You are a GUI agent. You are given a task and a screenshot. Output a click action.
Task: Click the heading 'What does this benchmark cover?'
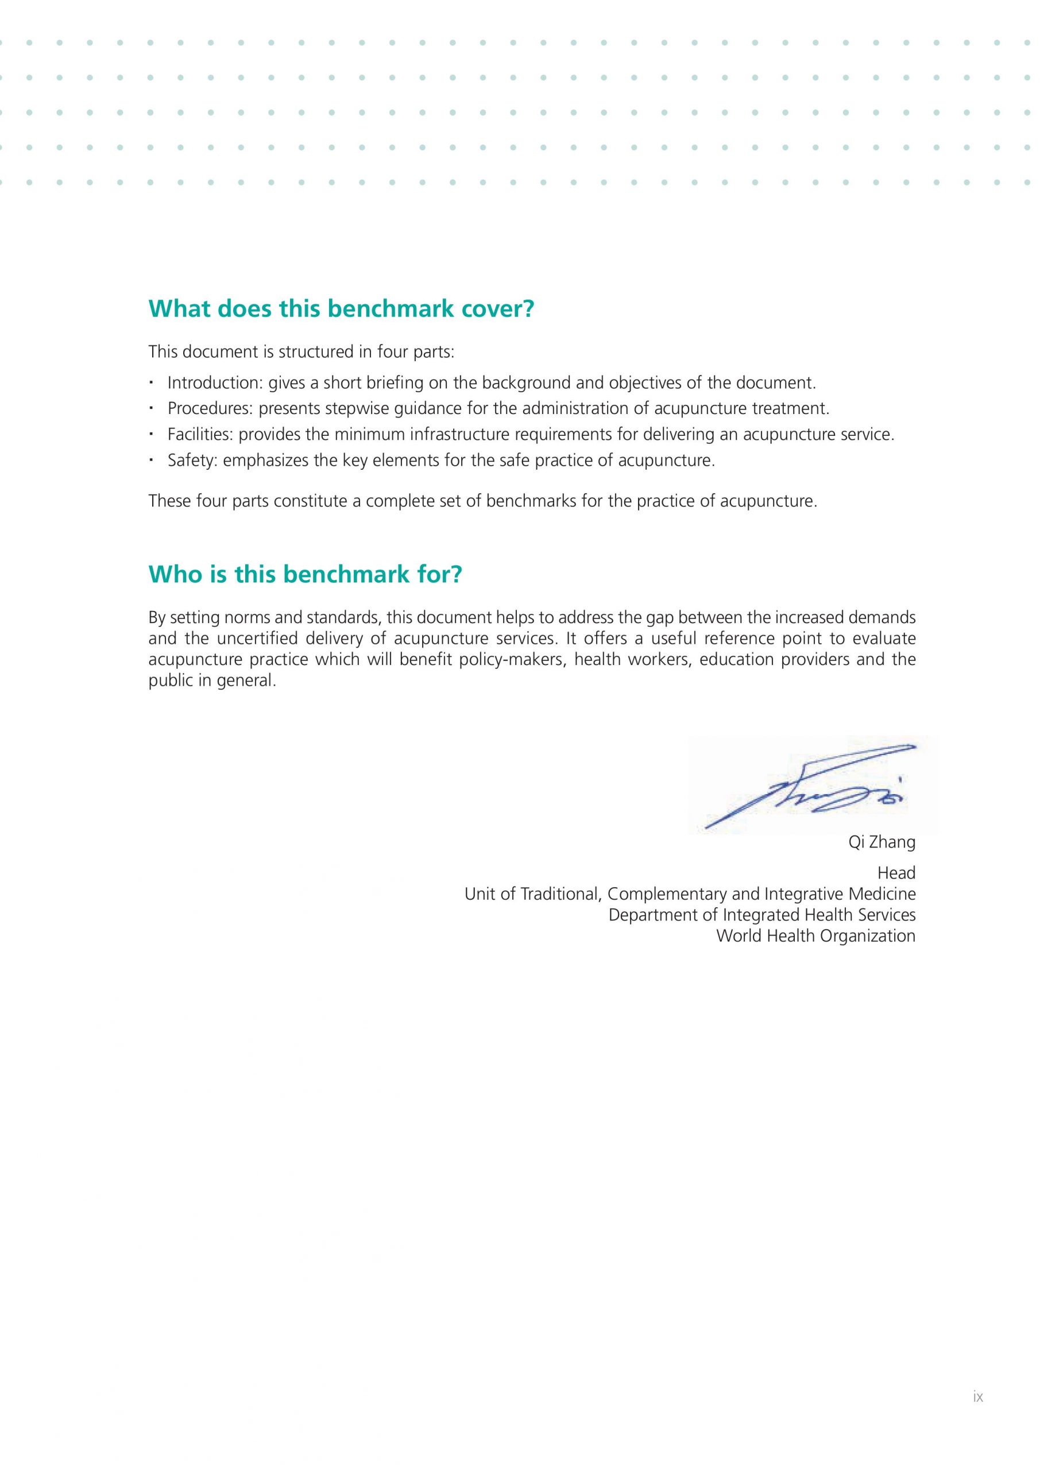tap(341, 310)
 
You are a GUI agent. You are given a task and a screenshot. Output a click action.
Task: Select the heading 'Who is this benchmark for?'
tap(305, 574)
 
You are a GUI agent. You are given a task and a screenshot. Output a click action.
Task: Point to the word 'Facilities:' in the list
tap(200, 435)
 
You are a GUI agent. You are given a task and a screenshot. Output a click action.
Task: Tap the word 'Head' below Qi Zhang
tap(896, 873)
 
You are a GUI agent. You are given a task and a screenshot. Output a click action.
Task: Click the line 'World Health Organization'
tap(815, 935)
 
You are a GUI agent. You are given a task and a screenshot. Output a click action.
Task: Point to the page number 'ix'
tap(977, 1414)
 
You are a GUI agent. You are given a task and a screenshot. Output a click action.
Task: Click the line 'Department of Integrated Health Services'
tap(761, 915)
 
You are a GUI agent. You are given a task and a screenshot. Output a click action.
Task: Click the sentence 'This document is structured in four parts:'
tap(301, 352)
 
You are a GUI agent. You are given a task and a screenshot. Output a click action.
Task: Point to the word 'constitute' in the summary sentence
tap(311, 501)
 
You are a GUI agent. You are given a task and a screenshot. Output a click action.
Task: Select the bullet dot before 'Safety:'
tap(152, 460)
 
